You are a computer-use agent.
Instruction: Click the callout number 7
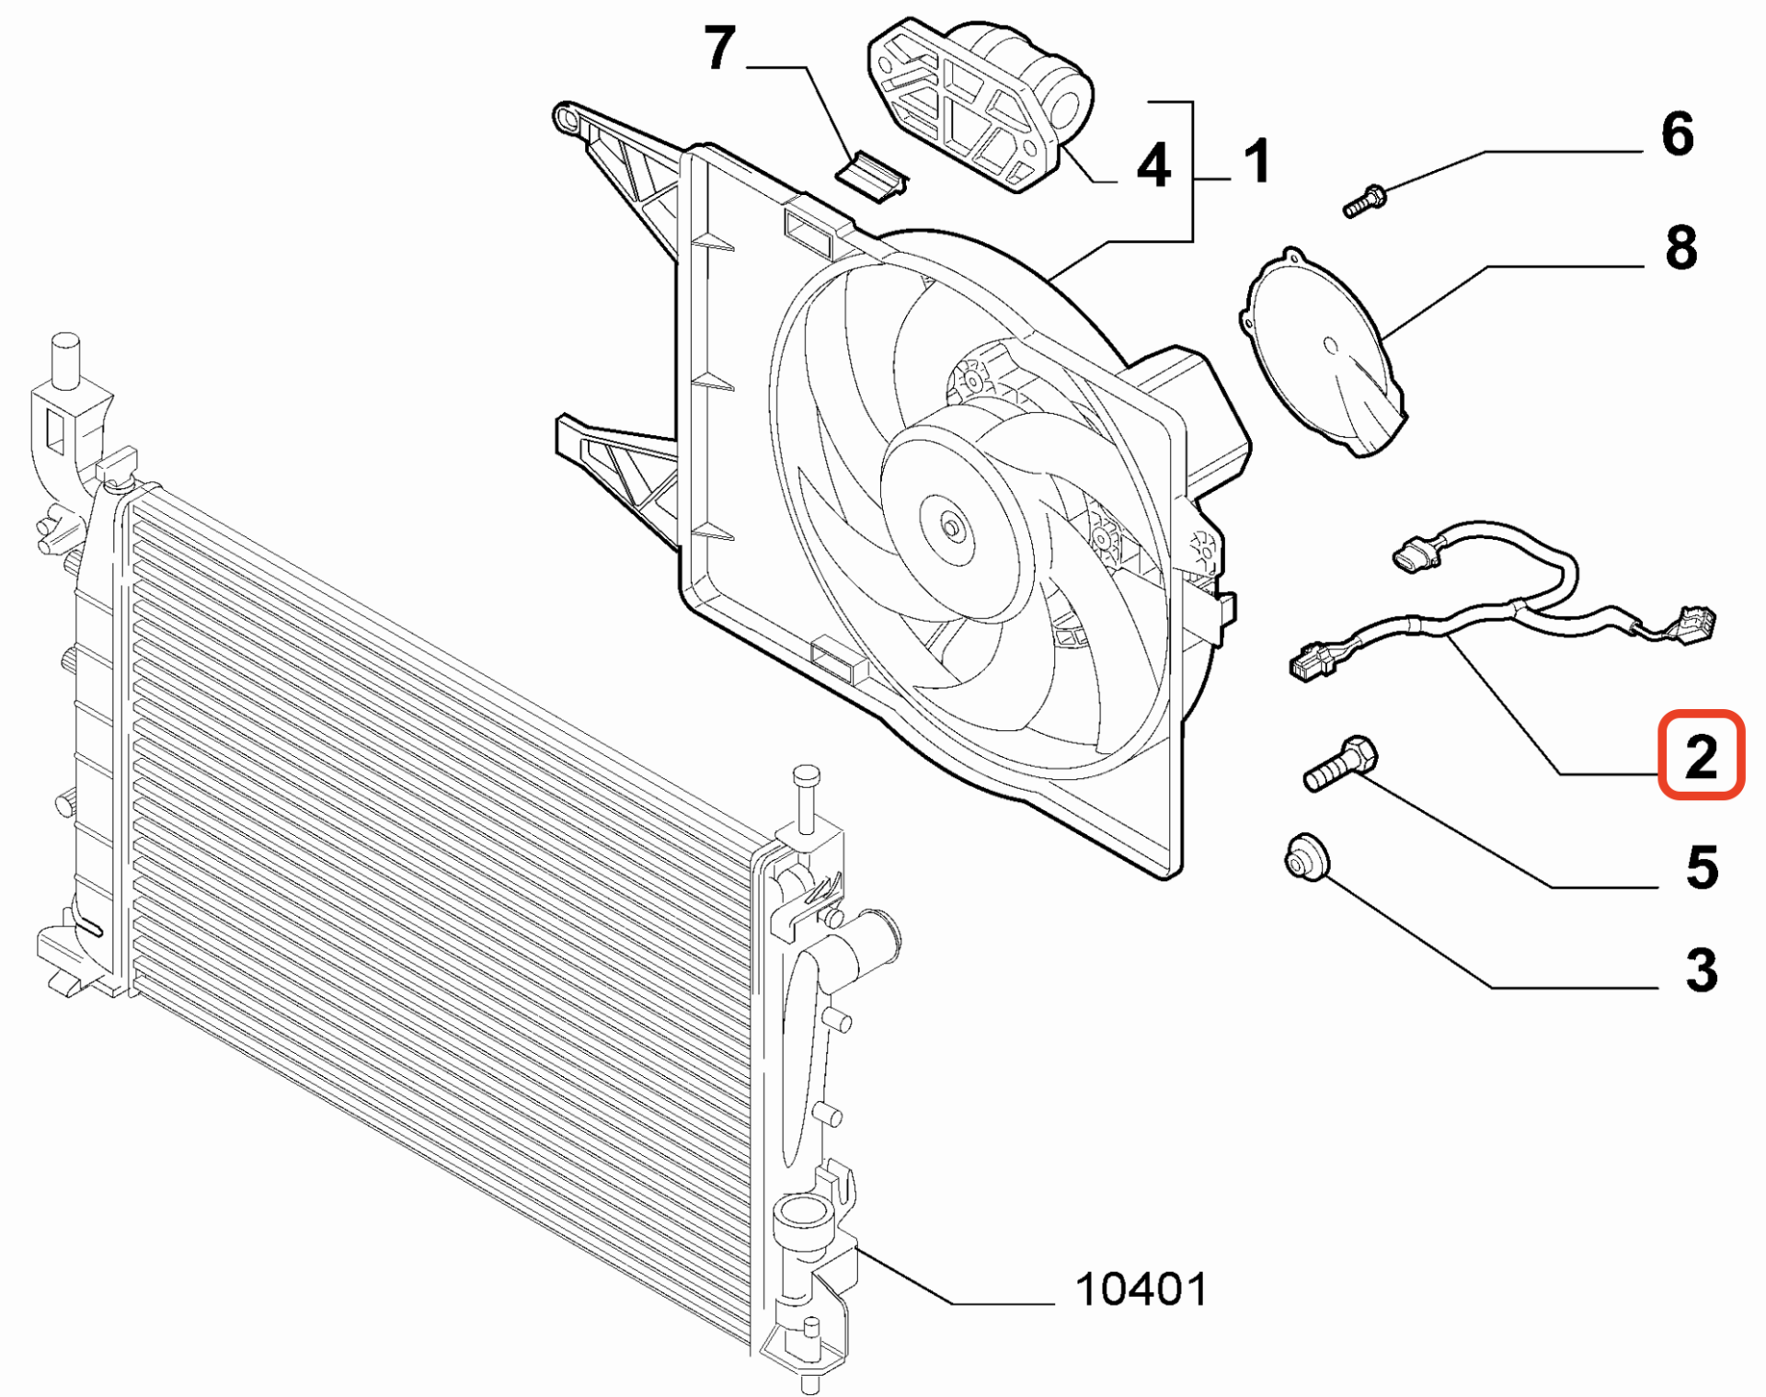click(720, 48)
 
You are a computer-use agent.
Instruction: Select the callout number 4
click(1153, 166)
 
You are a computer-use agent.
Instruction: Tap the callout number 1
click(1257, 161)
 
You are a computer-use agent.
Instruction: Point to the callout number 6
click(1678, 134)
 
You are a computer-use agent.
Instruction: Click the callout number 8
click(1681, 247)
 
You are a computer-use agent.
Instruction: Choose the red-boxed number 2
click(1701, 755)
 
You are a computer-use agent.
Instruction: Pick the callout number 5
click(1703, 867)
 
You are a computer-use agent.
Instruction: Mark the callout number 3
click(1702, 970)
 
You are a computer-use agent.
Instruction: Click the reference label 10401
click(1141, 1289)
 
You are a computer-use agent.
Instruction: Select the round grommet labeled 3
click(1306, 856)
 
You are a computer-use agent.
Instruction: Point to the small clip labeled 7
click(871, 175)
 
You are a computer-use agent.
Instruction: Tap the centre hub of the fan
click(950, 527)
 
